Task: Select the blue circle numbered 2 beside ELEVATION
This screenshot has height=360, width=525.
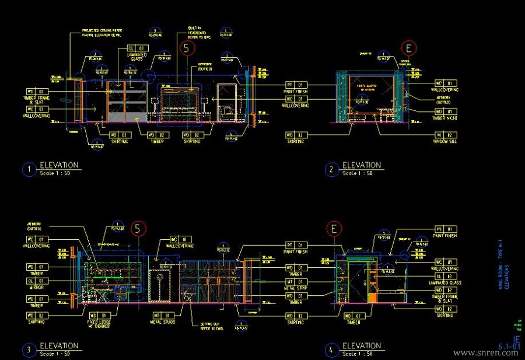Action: (x=331, y=170)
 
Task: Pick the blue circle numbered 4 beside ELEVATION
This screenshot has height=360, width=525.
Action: (x=331, y=350)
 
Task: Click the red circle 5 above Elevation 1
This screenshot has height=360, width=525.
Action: (x=186, y=48)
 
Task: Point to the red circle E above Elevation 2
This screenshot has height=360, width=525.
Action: (x=409, y=48)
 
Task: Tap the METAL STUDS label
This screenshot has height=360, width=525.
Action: (x=164, y=321)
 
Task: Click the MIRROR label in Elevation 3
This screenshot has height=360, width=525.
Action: (x=38, y=288)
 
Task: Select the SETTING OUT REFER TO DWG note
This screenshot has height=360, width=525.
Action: (x=212, y=327)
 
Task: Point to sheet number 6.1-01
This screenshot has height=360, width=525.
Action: (x=509, y=347)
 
